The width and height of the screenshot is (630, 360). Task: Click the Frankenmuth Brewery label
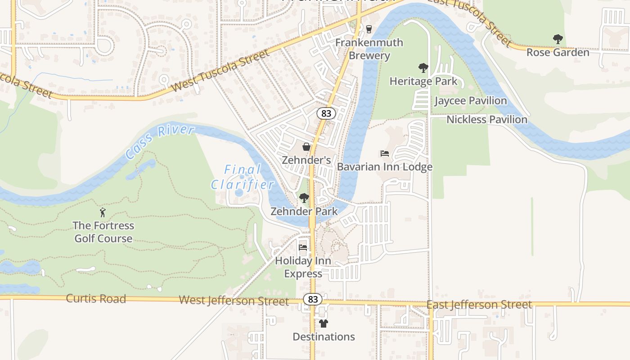(x=369, y=49)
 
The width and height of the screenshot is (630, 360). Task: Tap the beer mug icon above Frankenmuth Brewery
(x=369, y=29)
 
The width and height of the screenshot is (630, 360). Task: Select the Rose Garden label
(x=558, y=52)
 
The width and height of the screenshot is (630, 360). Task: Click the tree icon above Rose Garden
(x=558, y=39)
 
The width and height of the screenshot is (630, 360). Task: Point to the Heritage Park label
(x=423, y=81)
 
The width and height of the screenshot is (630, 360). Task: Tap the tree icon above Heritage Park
(x=423, y=68)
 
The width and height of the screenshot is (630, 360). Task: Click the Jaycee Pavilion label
(x=470, y=101)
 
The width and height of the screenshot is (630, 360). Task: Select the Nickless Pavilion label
(x=486, y=120)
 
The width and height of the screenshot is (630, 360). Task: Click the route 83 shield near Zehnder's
(x=326, y=113)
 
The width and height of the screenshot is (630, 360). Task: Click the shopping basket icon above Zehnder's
(x=306, y=147)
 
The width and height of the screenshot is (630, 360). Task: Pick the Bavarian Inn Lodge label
(x=385, y=167)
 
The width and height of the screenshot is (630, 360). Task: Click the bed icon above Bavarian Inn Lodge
(x=385, y=153)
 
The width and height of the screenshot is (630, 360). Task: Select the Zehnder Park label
(x=304, y=211)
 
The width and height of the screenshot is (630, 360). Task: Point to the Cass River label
(x=160, y=142)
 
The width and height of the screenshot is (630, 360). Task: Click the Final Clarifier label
(x=243, y=177)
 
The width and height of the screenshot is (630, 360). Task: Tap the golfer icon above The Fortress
(x=103, y=212)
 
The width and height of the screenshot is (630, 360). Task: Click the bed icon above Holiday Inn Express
(x=303, y=247)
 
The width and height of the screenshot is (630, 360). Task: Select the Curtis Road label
(x=96, y=298)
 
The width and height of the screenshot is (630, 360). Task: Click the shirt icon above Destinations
(x=324, y=324)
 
